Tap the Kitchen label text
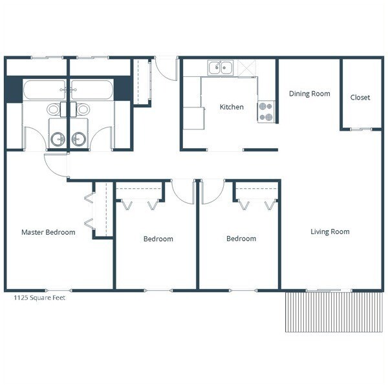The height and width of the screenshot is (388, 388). click(232, 107)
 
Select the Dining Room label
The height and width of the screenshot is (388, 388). click(309, 94)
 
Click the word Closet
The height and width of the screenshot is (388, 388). click(360, 98)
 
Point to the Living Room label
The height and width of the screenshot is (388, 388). click(330, 232)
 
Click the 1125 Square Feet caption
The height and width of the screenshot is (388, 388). click(39, 298)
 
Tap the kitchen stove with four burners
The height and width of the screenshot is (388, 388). click(266, 112)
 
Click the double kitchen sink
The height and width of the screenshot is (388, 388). click(221, 67)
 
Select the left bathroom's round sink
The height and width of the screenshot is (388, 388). click(58, 138)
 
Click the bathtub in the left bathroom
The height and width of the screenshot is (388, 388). click(43, 89)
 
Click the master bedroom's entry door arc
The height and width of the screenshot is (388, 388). click(56, 166)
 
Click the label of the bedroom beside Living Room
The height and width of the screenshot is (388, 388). click(241, 239)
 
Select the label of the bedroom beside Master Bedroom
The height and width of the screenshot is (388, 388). click(158, 239)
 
